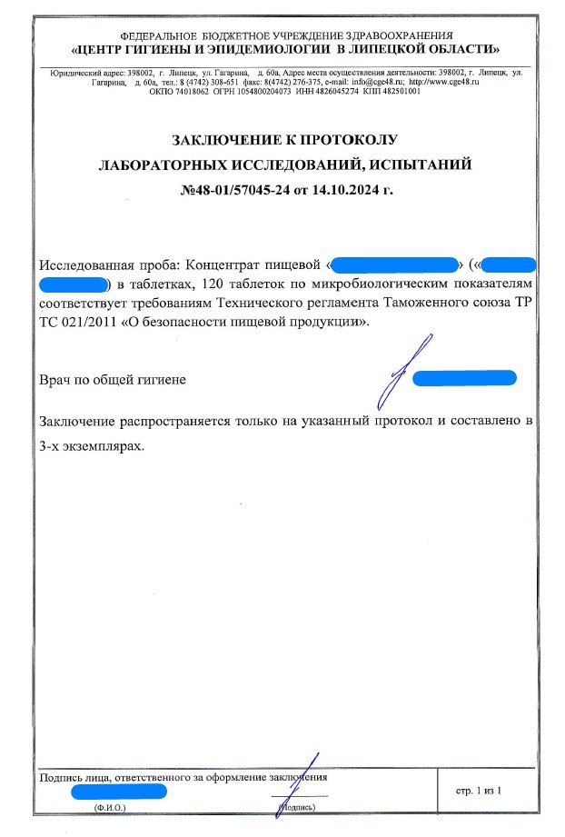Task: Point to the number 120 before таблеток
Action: [x=208, y=285]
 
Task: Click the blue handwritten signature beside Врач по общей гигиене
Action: [x=401, y=373]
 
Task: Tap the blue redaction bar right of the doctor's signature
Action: [x=464, y=377]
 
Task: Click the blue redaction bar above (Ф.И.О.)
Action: [x=118, y=791]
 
